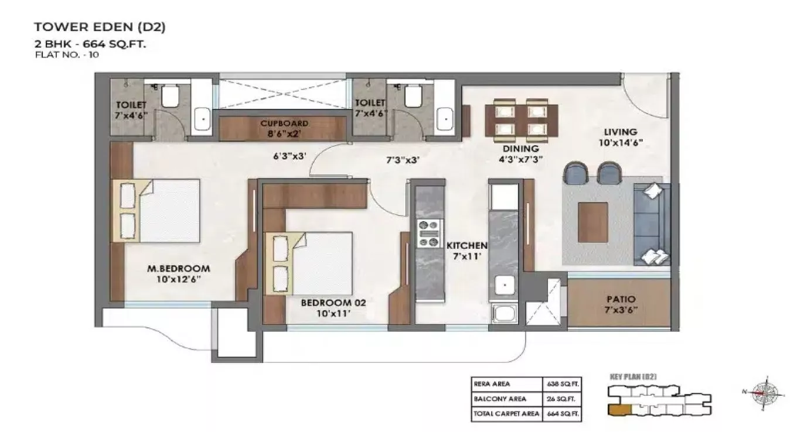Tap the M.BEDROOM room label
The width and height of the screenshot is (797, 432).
point(178,269)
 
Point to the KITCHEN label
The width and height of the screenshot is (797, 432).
point(466,245)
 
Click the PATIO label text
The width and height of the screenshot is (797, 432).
point(621,299)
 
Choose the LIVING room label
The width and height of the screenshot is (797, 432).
point(621,132)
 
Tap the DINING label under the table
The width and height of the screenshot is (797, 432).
point(516,149)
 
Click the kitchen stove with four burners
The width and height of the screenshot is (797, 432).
point(428,233)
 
